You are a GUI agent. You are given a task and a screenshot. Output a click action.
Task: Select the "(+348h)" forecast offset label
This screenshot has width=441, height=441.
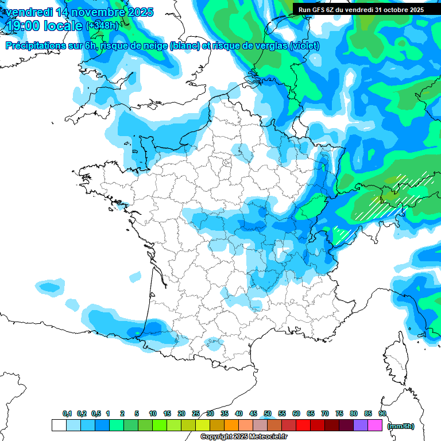[x=102, y=26]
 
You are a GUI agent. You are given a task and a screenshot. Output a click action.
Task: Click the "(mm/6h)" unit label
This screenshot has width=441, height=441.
[x=400, y=426]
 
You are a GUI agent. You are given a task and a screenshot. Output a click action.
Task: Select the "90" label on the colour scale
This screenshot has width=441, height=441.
[x=382, y=413]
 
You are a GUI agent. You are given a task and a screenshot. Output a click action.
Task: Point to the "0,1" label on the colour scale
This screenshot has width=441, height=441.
[x=67, y=413]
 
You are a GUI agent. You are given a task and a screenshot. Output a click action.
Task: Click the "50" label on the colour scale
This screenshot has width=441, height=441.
[x=267, y=413]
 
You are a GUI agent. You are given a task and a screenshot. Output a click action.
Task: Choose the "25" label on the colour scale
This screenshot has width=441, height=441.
[x=196, y=413]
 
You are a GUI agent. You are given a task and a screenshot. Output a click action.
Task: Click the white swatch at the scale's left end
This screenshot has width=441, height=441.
[x=59, y=425]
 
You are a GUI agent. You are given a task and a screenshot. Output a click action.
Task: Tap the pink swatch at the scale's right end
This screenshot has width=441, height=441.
[x=375, y=425]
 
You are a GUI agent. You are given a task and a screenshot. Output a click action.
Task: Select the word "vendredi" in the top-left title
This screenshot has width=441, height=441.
[x=29, y=12]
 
